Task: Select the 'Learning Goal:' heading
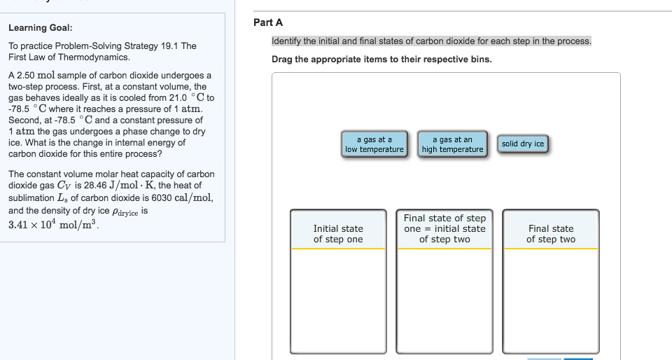click(40, 28)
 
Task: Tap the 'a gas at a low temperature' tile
click(374, 144)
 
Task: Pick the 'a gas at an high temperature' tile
click(452, 144)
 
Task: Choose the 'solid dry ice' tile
click(522, 144)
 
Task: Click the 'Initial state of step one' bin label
click(338, 234)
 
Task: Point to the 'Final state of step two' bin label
click(551, 234)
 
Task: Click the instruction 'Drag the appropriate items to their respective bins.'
click(381, 59)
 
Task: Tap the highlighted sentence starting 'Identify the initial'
click(431, 41)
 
